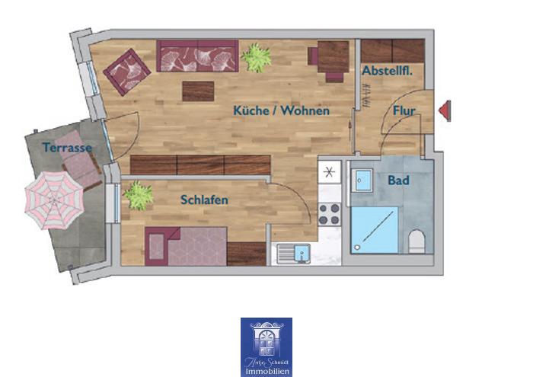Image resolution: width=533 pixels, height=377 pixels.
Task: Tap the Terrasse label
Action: [67, 147]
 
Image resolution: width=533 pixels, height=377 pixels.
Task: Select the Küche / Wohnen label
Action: [281, 111]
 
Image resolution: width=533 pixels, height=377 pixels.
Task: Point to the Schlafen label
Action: [204, 200]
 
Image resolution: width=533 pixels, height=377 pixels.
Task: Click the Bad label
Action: [398, 181]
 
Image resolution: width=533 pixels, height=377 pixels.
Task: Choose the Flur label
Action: [404, 111]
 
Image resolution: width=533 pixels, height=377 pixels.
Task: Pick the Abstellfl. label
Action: [387, 71]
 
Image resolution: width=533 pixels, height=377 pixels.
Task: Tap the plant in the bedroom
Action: [139, 195]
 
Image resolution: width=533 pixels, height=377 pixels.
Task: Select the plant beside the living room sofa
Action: [256, 56]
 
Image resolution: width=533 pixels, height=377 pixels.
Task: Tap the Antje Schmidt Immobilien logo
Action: [266, 347]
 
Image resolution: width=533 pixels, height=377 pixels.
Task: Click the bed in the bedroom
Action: [194, 245]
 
